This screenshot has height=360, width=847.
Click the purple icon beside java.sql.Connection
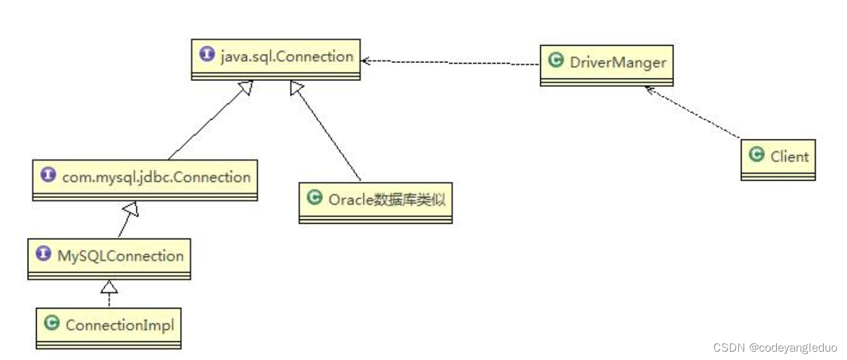coord(207,55)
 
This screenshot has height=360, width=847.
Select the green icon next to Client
coord(757,155)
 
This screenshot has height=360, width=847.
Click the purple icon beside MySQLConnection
coord(44,255)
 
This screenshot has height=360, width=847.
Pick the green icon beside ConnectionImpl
coord(52,323)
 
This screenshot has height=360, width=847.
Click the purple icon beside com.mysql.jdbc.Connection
coord(48,175)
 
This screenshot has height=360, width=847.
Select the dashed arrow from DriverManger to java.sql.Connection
coord(450,63)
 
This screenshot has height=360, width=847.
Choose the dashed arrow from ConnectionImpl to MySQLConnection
coord(109,294)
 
